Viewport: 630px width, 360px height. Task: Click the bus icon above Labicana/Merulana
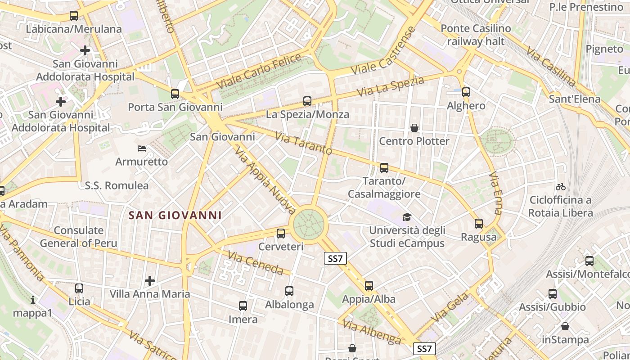tap(74, 16)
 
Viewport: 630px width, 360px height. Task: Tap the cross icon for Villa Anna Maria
tap(150, 281)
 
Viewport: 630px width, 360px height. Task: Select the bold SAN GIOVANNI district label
tap(175, 216)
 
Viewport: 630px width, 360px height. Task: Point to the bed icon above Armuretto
tap(141, 148)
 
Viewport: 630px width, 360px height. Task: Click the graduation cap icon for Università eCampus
tap(407, 217)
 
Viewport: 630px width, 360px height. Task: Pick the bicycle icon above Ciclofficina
tap(560, 187)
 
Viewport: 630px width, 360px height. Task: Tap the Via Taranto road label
tap(304, 144)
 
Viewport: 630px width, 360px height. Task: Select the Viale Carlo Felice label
tap(259, 71)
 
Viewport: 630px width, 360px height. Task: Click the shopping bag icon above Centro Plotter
tap(414, 128)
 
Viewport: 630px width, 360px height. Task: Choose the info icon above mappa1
tap(32, 300)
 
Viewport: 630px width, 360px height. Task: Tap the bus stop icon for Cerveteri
tap(281, 234)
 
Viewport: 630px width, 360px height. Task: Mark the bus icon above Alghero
tap(466, 92)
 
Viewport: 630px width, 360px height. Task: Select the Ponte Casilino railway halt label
tap(476, 35)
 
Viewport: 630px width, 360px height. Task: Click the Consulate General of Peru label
tap(79, 237)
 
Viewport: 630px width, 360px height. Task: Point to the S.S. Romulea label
tap(117, 185)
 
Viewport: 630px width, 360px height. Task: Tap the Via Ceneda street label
tap(256, 263)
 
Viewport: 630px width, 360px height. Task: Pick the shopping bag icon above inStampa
tap(565, 326)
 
